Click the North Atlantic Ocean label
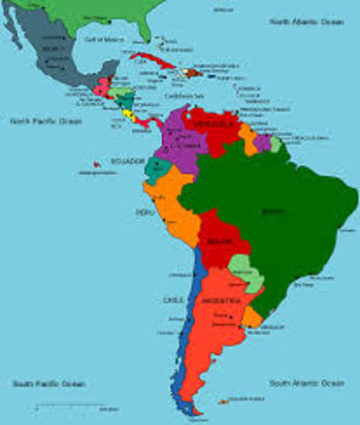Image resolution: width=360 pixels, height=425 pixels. coord(307,19)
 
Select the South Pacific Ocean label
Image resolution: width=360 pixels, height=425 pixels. coord(49,383)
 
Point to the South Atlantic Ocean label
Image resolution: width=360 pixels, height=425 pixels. coord(307,382)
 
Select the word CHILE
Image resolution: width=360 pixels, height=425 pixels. coord(172,299)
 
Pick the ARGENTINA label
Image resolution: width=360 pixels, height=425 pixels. coord(221,301)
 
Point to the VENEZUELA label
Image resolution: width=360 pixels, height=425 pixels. coord(213,125)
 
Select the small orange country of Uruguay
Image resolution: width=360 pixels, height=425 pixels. coord(254,316)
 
